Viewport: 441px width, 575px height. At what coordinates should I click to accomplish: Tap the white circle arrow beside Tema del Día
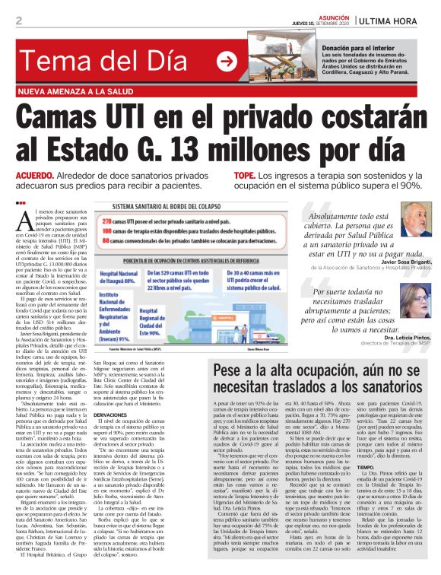(x=226, y=62)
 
